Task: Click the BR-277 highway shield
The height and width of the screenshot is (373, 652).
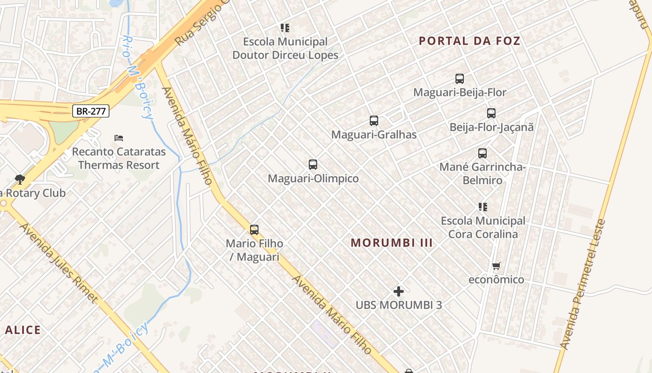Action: pyautogui.click(x=91, y=111)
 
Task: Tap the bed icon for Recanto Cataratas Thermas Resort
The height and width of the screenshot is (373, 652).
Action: pyautogui.click(x=119, y=138)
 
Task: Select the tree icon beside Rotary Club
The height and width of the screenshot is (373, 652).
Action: pyautogui.click(x=20, y=179)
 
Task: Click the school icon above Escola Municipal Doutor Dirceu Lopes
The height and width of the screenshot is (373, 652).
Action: pyautogui.click(x=285, y=28)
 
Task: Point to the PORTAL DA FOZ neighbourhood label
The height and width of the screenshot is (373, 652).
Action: pyautogui.click(x=469, y=41)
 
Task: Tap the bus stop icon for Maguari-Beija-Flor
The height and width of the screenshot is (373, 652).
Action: pyautogui.click(x=460, y=79)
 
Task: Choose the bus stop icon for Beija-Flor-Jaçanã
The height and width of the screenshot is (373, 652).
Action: pyautogui.click(x=491, y=113)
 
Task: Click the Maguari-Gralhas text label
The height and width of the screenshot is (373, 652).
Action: pyautogui.click(x=374, y=135)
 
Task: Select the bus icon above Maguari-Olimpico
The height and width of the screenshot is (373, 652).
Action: pyautogui.click(x=313, y=165)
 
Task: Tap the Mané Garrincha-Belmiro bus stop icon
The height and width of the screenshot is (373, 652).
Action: pyautogui.click(x=482, y=153)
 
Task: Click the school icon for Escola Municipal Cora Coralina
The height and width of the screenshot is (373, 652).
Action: pyautogui.click(x=483, y=207)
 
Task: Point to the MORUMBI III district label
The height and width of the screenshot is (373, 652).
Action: pyautogui.click(x=392, y=243)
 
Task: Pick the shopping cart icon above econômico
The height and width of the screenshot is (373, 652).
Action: pyautogui.click(x=496, y=266)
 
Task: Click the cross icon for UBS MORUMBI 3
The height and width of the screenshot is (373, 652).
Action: pyautogui.click(x=399, y=291)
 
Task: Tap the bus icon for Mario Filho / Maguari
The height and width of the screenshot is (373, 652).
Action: pyautogui.click(x=254, y=229)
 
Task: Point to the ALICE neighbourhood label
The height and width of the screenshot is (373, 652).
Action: pyautogui.click(x=23, y=330)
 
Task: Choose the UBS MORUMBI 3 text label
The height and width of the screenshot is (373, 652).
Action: pyautogui.click(x=399, y=305)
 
